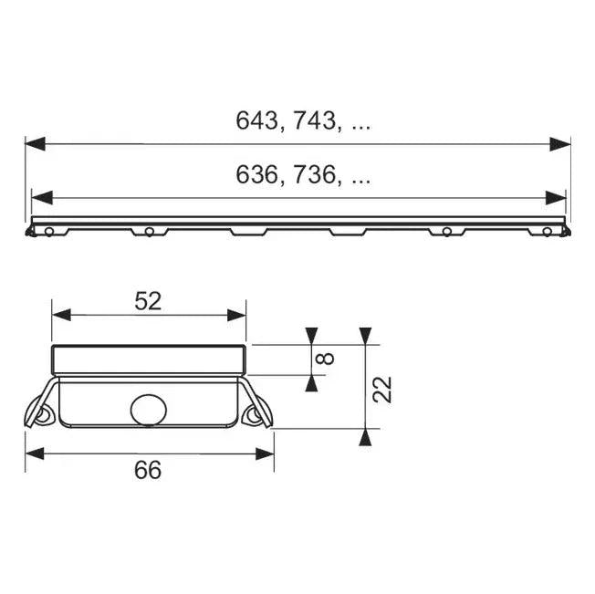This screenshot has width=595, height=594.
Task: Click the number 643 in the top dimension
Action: pyautogui.click(x=256, y=120)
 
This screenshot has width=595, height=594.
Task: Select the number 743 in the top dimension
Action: pyautogui.click(x=315, y=120)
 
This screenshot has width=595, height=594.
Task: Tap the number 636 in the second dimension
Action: pyautogui.click(x=256, y=175)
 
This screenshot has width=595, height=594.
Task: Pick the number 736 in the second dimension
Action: pyautogui.click(x=315, y=175)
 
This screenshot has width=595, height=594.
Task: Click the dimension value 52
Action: pyautogui.click(x=148, y=301)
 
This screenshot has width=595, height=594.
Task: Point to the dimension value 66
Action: pyautogui.click(x=148, y=470)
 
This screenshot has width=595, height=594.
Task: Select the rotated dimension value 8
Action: pyautogui.click(x=326, y=359)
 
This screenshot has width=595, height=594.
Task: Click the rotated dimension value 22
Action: pyautogui.click(x=381, y=390)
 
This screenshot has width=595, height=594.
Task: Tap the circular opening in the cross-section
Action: pyautogui.click(x=149, y=410)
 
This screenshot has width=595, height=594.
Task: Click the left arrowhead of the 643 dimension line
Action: pyautogui.click(x=36, y=144)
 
